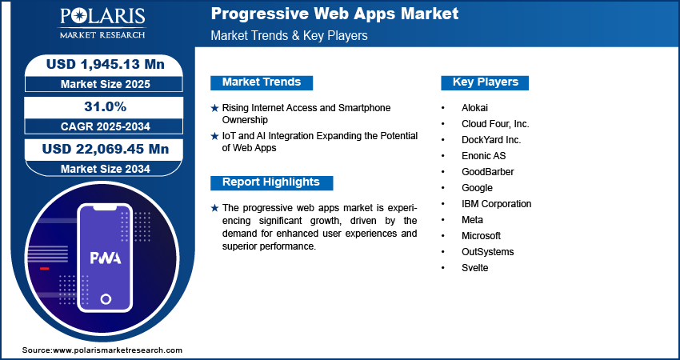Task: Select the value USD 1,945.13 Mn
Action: tap(106, 65)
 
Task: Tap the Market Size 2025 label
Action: tap(106, 84)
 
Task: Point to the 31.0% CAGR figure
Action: tap(106, 106)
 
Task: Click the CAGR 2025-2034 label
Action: tap(106, 126)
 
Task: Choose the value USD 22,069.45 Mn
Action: tap(106, 150)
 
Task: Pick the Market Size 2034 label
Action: tap(106, 169)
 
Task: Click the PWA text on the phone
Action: tap(106, 258)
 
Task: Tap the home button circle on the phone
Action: tap(106, 299)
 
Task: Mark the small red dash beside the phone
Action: tap(44, 269)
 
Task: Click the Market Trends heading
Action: tap(262, 82)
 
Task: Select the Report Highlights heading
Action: tap(271, 182)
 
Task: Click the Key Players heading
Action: tap(486, 82)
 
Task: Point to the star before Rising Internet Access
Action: tap(214, 108)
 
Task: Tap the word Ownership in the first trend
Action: tap(245, 120)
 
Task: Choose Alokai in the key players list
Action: tap(475, 108)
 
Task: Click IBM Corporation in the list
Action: tap(497, 204)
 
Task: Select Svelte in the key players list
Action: tap(475, 268)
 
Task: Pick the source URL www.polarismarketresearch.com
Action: tap(118, 350)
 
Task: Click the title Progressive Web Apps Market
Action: tap(334, 14)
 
